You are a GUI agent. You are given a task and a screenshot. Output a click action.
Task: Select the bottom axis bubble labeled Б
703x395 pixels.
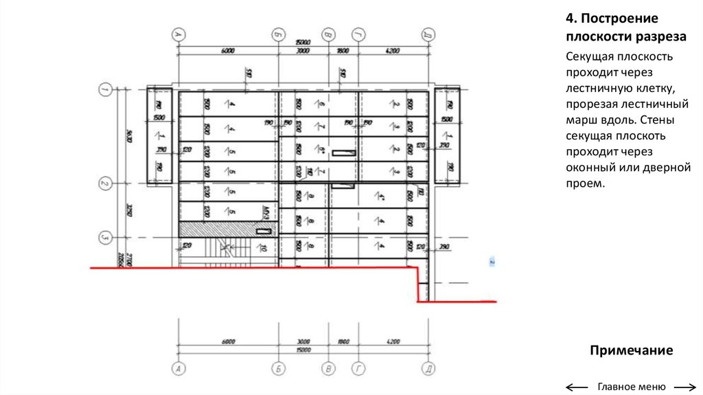[279, 370]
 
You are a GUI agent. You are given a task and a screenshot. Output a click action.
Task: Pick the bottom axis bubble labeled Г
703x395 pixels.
[358, 370]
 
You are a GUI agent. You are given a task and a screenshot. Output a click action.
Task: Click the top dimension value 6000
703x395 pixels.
[228, 51]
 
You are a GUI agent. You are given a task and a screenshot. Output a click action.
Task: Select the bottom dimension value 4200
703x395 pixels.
[392, 341]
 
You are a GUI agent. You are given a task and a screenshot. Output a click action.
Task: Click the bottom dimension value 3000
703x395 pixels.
[303, 341]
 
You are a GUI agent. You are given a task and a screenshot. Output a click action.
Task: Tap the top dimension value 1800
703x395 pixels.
[343, 51]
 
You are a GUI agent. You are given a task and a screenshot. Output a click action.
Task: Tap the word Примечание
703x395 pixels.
[631, 351]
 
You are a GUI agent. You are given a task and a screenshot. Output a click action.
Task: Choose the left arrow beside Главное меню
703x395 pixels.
[577, 387]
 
